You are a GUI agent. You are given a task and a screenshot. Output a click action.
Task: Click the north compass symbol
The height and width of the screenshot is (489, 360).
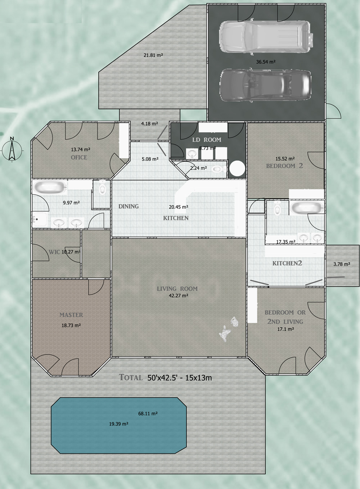(x=12, y=149)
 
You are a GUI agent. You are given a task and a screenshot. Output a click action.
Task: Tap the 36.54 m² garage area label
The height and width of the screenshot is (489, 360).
(x=266, y=62)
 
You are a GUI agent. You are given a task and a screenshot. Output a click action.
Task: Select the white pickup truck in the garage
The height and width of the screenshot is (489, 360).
(x=266, y=36)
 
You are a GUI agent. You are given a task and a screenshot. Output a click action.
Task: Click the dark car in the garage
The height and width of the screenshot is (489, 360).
(x=265, y=85)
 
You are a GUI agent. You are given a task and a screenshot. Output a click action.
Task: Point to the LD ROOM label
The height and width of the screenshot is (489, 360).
(x=207, y=140)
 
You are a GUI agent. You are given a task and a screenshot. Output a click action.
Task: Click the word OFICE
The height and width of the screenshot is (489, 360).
(x=79, y=157)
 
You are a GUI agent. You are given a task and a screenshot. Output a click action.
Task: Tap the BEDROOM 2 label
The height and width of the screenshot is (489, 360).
(x=285, y=166)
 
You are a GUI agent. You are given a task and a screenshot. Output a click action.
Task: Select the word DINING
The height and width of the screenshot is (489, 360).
(x=129, y=206)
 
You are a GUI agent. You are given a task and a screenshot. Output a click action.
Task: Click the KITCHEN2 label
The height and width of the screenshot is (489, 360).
(x=287, y=263)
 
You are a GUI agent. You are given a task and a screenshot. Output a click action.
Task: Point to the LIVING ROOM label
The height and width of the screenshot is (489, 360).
(x=177, y=289)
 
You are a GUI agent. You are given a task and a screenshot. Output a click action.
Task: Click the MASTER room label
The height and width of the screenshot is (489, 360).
(x=71, y=315)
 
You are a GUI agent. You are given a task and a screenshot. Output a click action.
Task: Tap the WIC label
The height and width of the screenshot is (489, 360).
(x=54, y=252)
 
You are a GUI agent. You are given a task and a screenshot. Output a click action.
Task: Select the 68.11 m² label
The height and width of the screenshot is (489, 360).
(x=148, y=413)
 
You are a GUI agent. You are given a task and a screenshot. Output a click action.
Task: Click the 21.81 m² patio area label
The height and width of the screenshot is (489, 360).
(x=153, y=55)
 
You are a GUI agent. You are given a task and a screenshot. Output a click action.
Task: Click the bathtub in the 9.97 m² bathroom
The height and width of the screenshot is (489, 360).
(x=50, y=187)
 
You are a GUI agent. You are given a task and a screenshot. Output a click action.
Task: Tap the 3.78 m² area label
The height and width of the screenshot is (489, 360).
(x=342, y=264)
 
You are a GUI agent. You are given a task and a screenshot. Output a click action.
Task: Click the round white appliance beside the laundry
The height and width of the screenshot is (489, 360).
(x=237, y=168)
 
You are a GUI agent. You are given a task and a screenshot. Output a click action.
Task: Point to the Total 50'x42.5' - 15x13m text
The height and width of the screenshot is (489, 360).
(x=165, y=377)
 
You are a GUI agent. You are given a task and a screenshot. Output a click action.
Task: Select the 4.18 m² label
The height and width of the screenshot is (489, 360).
(x=149, y=124)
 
